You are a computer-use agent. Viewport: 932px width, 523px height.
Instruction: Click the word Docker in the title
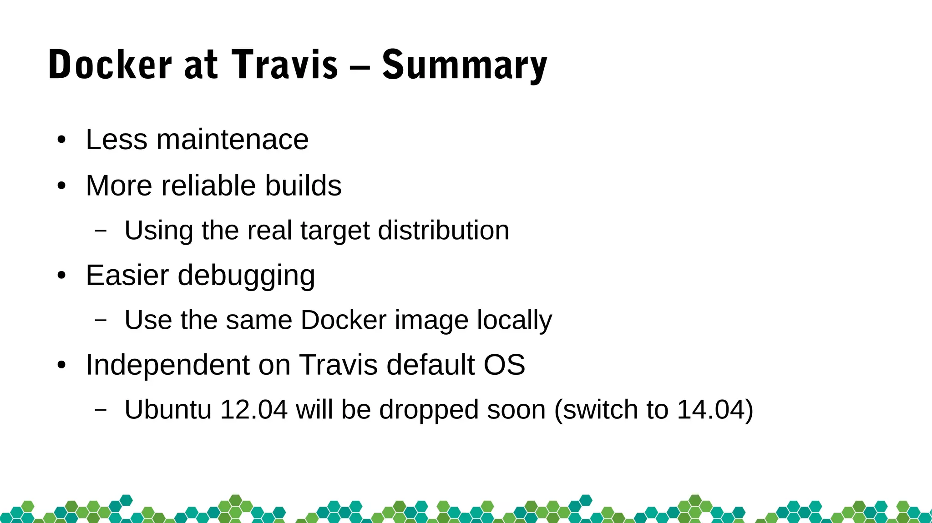pyautogui.click(x=110, y=65)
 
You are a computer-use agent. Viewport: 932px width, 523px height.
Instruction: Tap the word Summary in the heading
pyautogui.click(x=464, y=66)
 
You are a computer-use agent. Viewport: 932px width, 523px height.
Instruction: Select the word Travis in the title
pyautogui.click(x=285, y=65)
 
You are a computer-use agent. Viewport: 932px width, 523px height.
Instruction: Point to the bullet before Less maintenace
pyautogui.click(x=61, y=140)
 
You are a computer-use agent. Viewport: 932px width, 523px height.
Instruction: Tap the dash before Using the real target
pyautogui.click(x=101, y=231)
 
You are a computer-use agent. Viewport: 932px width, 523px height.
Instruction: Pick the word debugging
pyautogui.click(x=246, y=276)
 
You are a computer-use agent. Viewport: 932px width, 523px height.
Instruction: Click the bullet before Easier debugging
pyautogui.click(x=61, y=276)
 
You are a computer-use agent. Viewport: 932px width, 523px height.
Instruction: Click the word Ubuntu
pyautogui.click(x=168, y=409)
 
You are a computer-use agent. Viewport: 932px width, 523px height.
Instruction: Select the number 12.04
pyautogui.click(x=253, y=409)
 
